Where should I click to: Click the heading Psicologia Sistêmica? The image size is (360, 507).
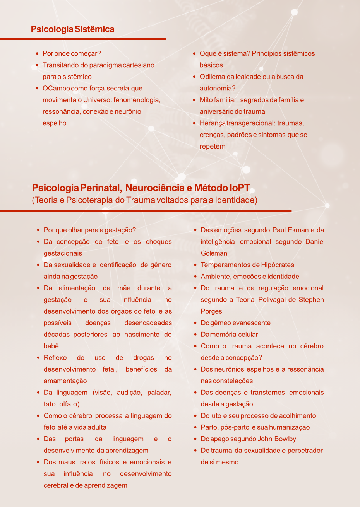[72, 29]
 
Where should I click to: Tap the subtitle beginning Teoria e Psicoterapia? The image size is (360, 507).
[144, 200]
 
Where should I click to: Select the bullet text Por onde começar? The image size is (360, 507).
[72, 54]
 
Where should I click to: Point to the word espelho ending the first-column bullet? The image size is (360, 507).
[54, 123]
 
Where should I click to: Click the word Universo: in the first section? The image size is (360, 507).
[95, 100]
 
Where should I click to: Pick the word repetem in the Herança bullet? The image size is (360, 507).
[212, 147]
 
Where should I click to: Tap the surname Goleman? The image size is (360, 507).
[214, 253]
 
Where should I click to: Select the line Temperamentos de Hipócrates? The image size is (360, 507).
[247, 265]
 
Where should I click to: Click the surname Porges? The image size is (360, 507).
[211, 311]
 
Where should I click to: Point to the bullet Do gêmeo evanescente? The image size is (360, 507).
[235, 323]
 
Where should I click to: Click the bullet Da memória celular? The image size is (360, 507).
[229, 335]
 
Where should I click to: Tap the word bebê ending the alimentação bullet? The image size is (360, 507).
[51, 346]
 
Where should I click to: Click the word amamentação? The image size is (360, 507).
[65, 381]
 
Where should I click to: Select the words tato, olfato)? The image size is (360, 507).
[61, 404]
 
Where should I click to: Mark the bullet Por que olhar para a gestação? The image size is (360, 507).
[89, 230]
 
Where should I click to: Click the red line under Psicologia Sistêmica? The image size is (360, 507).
[83, 39]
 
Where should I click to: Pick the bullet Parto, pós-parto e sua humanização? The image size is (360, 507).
[255, 427]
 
